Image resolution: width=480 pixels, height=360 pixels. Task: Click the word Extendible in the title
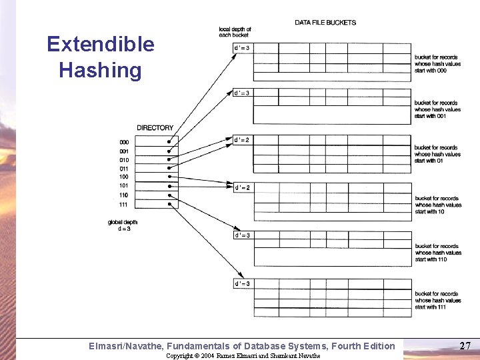[100, 45]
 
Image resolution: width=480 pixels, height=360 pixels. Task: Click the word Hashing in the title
[100, 71]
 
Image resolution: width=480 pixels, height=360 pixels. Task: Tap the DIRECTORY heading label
[155, 128]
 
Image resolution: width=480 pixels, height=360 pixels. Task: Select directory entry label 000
[124, 142]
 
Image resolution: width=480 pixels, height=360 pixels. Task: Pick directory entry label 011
[124, 169]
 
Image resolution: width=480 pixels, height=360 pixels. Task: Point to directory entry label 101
[124, 185]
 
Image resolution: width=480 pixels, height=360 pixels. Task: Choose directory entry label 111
[124, 204]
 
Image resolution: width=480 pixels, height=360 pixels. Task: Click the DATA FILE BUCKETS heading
[325, 23]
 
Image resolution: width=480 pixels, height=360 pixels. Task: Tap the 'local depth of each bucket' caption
[235, 32]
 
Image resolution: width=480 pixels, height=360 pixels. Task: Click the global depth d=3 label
[123, 225]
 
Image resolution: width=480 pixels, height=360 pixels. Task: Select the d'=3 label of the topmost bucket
[241, 47]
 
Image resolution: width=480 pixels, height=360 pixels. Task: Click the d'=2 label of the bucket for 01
[241, 140]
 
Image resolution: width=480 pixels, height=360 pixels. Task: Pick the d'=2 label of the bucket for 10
[241, 188]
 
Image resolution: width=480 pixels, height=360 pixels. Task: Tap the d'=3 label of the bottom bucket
[241, 284]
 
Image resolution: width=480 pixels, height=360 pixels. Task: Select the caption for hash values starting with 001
[437, 109]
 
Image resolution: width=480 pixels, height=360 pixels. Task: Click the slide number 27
[465, 346]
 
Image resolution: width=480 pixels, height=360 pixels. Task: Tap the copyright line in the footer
[243, 356]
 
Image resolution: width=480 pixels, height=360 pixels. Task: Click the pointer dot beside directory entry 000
[169, 142]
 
